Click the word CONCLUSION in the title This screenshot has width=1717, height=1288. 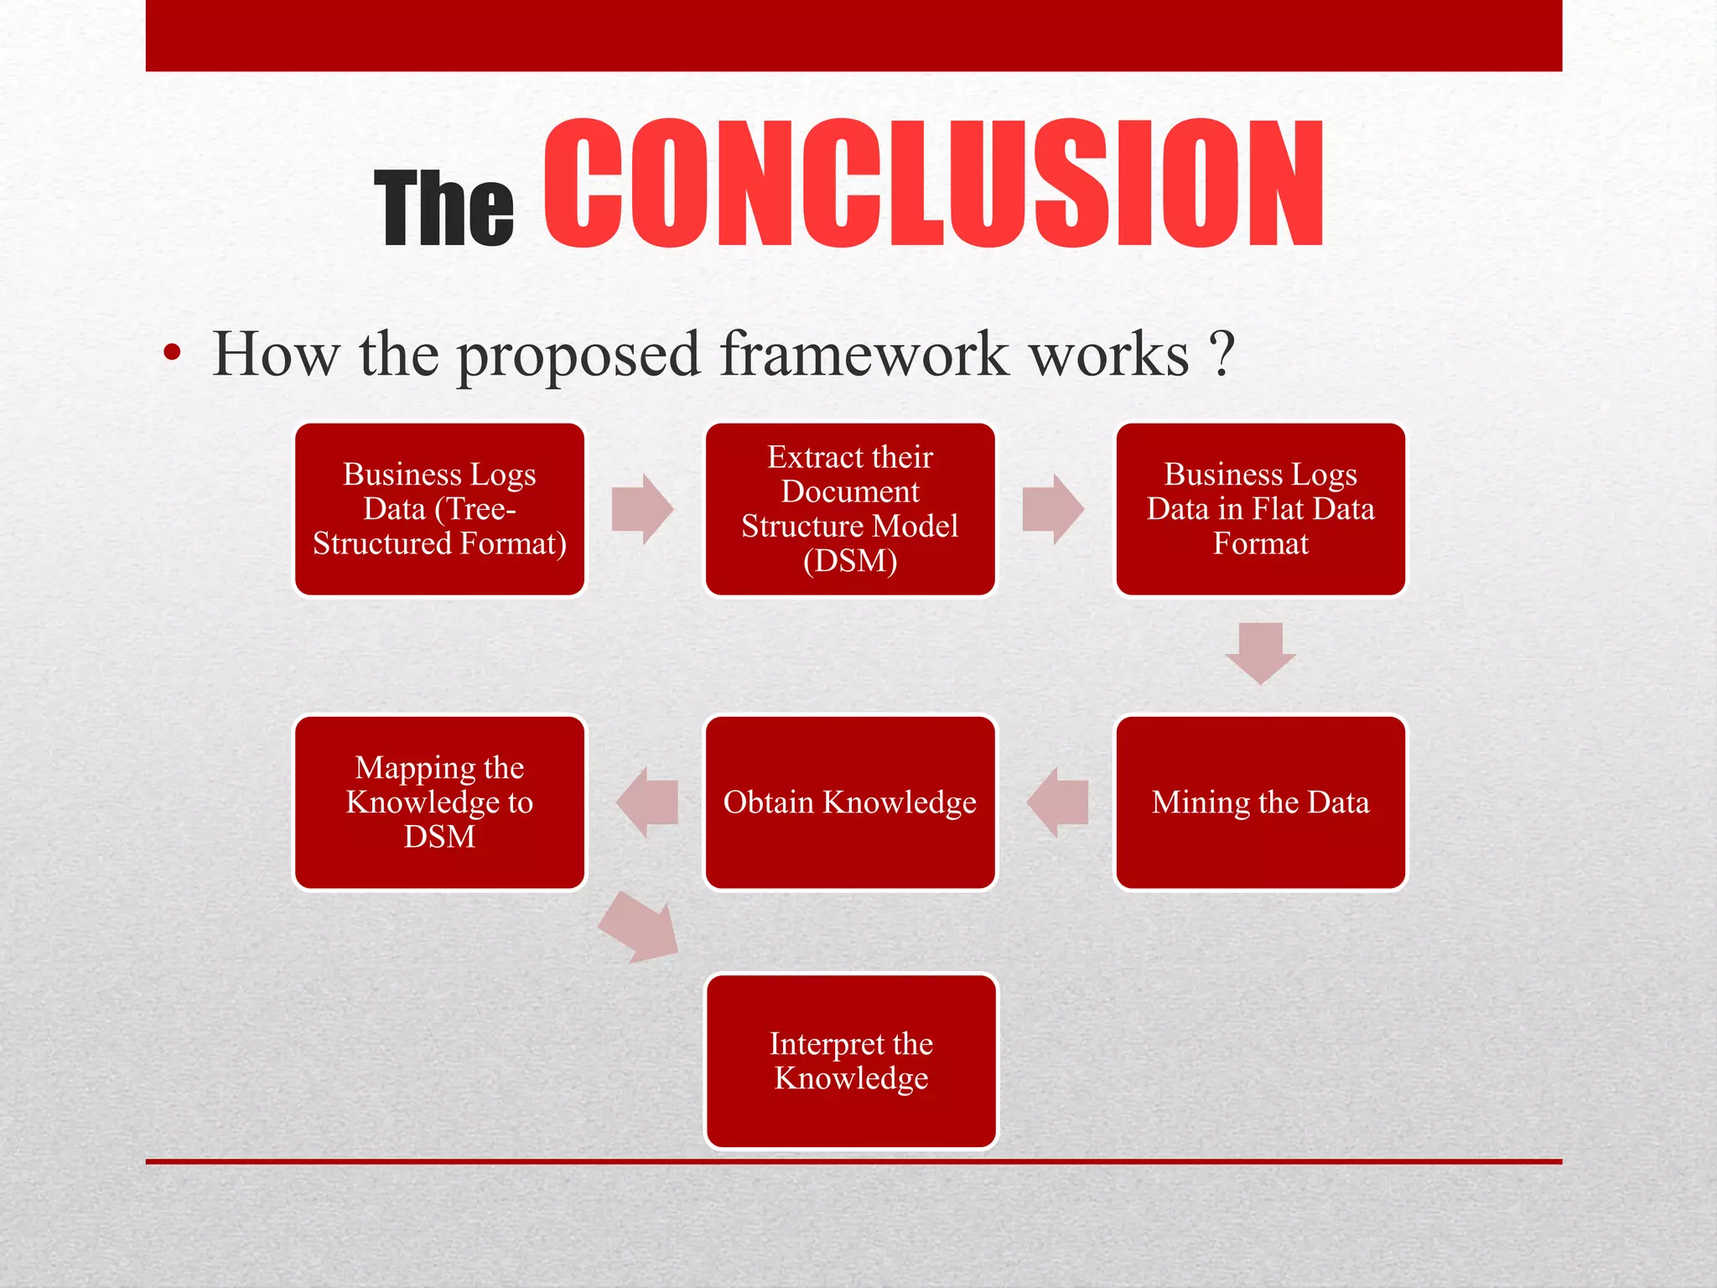coord(933,184)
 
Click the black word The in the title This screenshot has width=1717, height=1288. coord(444,209)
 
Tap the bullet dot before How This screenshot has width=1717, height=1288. coord(172,354)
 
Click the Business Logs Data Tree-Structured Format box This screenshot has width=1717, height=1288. coord(439,509)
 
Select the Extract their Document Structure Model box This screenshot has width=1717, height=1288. coord(850,509)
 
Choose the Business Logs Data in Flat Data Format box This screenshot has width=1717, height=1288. coord(1260,509)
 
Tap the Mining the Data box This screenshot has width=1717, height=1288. coord(1260,802)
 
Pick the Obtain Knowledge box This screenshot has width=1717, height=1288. coord(850,802)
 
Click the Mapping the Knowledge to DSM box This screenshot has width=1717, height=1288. coord(439,802)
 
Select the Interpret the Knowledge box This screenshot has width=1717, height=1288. coord(851,1061)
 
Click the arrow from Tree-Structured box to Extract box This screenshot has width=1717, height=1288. coord(642,509)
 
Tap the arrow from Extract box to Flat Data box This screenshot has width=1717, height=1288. coord(1053,509)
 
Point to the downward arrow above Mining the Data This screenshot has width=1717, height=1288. coord(1260,652)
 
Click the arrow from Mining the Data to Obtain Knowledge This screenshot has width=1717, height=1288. coord(1057,802)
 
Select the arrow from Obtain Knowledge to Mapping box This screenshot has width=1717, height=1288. coord(646,802)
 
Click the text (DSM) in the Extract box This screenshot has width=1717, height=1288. coord(850,560)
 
